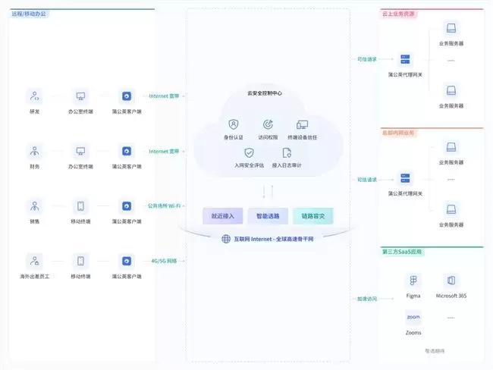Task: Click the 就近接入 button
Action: (x=223, y=216)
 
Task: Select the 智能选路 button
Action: (x=268, y=216)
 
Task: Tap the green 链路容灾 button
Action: (x=312, y=216)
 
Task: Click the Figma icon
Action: (x=413, y=281)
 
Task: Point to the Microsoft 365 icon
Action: (x=452, y=281)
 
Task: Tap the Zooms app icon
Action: (x=413, y=317)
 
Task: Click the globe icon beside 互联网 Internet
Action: (x=226, y=239)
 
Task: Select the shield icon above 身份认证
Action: (x=234, y=124)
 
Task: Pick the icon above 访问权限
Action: (x=268, y=124)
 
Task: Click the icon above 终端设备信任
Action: (x=303, y=124)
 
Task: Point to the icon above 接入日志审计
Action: (x=287, y=152)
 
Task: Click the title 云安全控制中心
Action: (x=265, y=93)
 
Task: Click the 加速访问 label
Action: (x=367, y=298)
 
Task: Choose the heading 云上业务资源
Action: (x=398, y=14)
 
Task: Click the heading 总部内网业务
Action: (x=398, y=132)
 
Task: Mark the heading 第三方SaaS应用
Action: (x=401, y=250)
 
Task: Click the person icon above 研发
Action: (x=34, y=96)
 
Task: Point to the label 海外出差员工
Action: (x=34, y=276)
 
